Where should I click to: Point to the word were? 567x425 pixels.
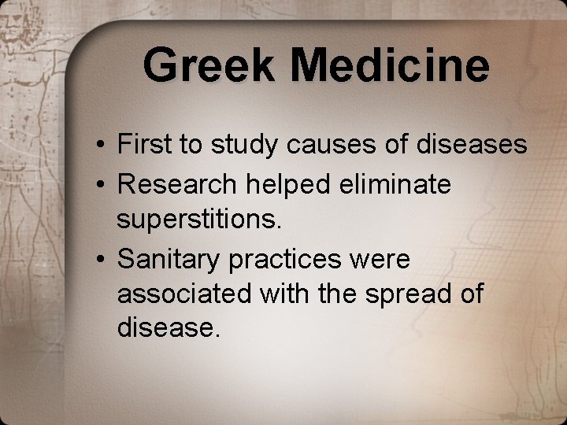pyautogui.click(x=384, y=258)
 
